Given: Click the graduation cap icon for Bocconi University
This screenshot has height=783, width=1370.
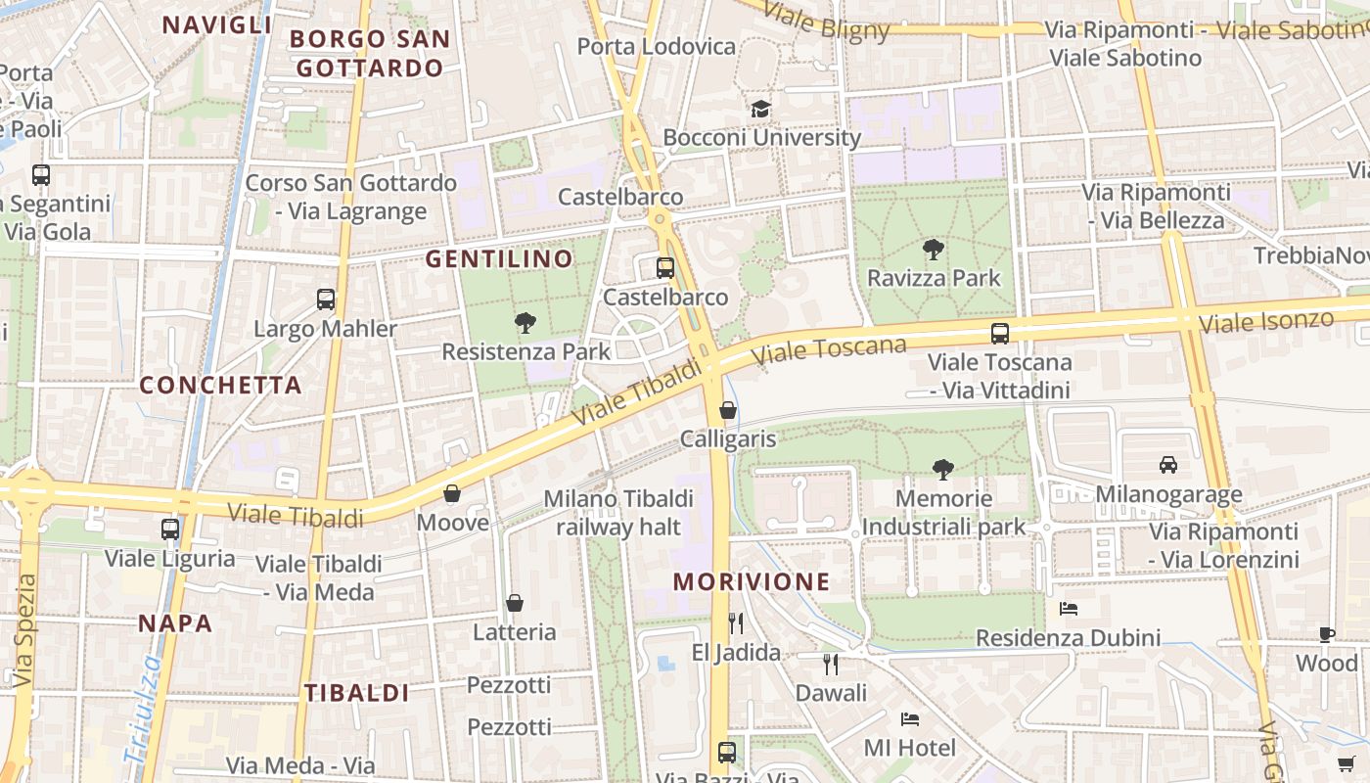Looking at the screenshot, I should tap(760, 109).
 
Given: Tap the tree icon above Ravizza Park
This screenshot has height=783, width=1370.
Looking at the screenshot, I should tap(934, 250).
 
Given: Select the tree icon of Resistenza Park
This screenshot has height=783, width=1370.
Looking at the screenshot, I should tap(525, 322).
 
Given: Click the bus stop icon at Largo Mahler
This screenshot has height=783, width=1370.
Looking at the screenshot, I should tap(326, 299).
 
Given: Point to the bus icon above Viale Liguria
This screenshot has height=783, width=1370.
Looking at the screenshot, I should tap(170, 530).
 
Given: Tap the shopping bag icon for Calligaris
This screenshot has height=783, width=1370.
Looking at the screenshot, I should tap(728, 410).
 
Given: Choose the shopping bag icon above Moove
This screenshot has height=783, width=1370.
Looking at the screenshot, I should tap(452, 493).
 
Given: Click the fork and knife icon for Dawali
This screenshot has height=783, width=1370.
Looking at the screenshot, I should tap(831, 665).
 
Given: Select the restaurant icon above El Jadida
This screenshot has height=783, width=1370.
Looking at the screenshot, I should tap(736, 623).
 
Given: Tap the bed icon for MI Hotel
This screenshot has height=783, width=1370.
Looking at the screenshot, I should tap(910, 719).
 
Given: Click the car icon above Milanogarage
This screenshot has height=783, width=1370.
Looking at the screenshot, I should tap(1167, 464).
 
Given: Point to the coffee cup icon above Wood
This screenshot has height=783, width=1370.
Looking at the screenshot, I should tap(1327, 634).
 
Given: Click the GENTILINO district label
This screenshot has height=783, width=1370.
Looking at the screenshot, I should tap(499, 259).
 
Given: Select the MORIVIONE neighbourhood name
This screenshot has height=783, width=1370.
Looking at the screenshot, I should tap(752, 582).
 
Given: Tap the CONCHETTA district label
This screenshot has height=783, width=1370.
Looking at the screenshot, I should tap(220, 386).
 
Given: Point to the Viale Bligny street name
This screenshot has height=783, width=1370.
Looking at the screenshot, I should tap(826, 20).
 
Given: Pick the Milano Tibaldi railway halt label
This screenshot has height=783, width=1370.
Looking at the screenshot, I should tap(618, 513).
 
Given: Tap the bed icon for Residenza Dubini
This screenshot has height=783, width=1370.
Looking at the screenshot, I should tap(1069, 609).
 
